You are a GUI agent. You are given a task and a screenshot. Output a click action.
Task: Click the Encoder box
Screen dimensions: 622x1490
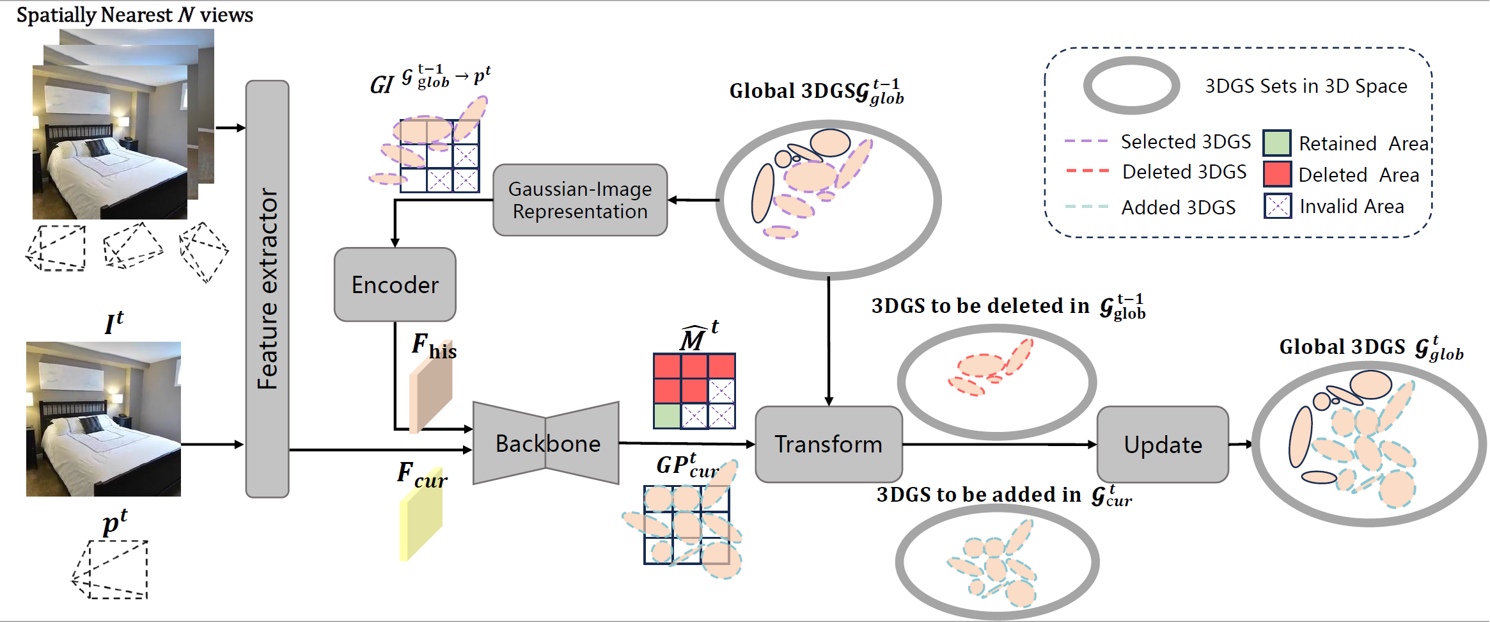(x=395, y=285)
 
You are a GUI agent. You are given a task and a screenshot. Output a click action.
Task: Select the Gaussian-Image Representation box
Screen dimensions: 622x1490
(x=580, y=200)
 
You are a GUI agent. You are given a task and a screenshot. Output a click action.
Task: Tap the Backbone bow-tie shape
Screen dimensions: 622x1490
(x=546, y=443)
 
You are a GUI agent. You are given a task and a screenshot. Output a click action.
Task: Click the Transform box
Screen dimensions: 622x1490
(x=828, y=444)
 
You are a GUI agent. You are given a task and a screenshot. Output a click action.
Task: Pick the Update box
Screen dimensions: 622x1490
(x=1163, y=445)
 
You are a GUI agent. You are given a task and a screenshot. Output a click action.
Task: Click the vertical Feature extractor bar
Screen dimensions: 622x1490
(x=267, y=289)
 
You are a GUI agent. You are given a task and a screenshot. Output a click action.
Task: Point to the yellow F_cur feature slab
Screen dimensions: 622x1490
(x=421, y=522)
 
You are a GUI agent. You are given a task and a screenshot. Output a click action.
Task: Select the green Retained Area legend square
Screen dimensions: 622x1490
(x=1276, y=143)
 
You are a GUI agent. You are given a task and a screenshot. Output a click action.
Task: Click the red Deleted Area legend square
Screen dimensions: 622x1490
(x=1277, y=174)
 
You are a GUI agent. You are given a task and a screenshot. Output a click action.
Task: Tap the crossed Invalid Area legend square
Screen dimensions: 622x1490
(x=1277, y=206)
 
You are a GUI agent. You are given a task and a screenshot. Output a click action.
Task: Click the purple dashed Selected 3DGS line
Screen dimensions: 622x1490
(x=1086, y=141)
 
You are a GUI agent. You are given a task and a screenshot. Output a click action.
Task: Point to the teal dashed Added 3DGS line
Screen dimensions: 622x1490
(x=1086, y=207)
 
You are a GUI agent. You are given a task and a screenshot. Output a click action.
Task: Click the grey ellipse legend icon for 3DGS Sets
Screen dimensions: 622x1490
(x=1131, y=86)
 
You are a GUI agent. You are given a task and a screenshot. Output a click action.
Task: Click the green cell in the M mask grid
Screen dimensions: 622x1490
(x=667, y=416)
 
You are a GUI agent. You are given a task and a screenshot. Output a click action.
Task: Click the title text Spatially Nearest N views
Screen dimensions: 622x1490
(x=135, y=15)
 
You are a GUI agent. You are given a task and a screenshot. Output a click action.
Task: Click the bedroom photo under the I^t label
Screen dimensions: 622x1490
(x=104, y=419)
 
